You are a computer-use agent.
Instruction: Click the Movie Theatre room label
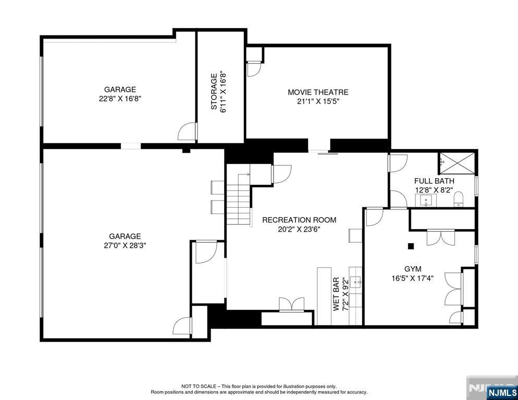click(318, 92)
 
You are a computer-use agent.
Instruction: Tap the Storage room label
click(214, 92)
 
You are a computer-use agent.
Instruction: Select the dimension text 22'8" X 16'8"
click(120, 98)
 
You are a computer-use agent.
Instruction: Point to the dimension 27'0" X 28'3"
click(125, 245)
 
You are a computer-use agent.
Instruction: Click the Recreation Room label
click(299, 220)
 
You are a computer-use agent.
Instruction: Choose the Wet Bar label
click(336, 294)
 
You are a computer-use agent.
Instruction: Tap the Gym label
click(413, 269)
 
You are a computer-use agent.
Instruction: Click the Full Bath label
click(434, 181)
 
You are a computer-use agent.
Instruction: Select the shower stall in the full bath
click(457, 162)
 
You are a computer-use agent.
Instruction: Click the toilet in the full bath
click(459, 200)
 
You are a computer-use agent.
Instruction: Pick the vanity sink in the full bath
click(426, 200)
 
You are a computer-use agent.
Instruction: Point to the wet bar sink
click(356, 282)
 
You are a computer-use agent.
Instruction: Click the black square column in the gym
click(411, 246)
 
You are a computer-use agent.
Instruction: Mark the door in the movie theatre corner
click(254, 69)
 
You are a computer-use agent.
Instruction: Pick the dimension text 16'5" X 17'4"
click(413, 278)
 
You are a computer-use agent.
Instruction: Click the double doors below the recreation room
click(291, 304)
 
